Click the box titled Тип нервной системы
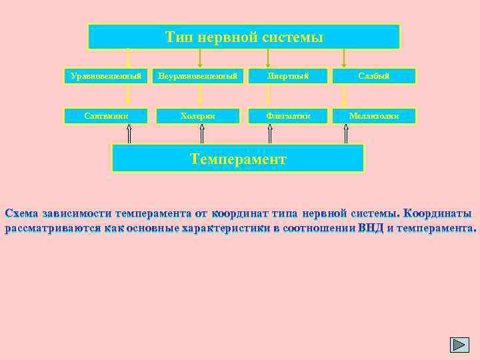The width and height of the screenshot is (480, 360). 244,37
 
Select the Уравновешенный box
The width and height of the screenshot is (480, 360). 106,76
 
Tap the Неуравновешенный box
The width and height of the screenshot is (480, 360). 198,76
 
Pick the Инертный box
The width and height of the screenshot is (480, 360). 289,76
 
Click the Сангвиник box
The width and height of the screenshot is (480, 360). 106,116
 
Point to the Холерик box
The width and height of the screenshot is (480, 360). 198,116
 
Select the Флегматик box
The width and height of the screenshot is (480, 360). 289,116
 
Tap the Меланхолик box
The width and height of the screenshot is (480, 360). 375,116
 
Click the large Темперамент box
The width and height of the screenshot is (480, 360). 238,159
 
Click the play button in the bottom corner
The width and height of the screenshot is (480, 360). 460,344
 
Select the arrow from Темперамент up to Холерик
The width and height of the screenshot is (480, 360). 202,134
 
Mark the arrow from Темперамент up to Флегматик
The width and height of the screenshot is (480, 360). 270,134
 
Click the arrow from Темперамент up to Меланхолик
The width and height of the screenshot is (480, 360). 345,134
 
